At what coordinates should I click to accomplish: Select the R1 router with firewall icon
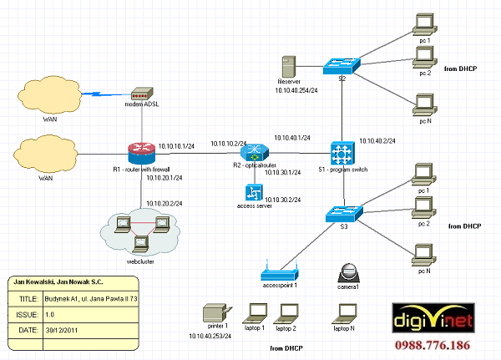tap(142, 153)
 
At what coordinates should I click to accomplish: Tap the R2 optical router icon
tap(253, 153)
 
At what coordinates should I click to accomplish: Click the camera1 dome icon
tap(348, 272)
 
